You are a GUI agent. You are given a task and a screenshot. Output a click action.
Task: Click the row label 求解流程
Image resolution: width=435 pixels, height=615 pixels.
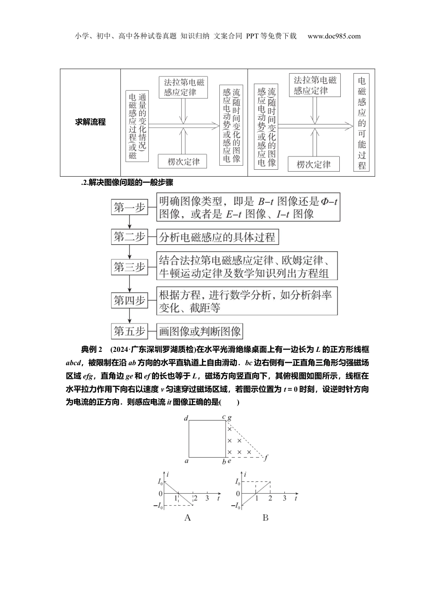point(90,122)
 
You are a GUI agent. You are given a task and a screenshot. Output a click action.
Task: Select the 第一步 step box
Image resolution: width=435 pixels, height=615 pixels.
point(129,208)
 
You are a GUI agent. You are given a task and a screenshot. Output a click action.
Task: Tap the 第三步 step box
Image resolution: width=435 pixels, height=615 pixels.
point(129,267)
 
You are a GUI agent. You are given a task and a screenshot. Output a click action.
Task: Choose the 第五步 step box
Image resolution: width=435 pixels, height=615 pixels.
point(129,331)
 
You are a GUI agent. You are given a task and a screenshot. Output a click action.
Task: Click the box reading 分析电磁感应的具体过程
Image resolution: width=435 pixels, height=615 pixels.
point(217,237)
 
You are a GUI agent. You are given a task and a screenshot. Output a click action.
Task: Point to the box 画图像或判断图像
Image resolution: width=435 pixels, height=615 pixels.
point(200,331)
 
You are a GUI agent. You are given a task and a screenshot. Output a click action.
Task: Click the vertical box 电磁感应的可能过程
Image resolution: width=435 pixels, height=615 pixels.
point(362,122)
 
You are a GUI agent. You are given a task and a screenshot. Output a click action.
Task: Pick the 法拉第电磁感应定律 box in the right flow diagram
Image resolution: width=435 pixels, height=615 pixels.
point(315,85)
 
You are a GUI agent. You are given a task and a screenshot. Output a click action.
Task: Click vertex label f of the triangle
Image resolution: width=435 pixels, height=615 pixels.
point(266,458)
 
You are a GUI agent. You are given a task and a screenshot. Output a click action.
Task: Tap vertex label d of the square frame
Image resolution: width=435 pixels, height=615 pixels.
point(186,418)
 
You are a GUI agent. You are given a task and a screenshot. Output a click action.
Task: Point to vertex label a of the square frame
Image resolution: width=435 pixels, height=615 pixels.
point(186,461)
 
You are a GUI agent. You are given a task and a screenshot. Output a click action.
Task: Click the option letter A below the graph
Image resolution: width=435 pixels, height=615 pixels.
point(187,518)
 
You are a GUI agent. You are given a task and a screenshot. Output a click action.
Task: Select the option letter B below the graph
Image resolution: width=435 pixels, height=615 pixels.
point(266,518)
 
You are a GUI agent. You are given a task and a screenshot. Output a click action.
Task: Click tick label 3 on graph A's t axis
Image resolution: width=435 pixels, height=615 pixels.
point(207,498)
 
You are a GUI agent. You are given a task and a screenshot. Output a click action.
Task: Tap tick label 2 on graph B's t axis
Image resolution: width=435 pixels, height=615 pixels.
point(271,498)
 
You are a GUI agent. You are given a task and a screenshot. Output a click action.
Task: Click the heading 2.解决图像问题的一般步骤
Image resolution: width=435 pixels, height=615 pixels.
point(126,182)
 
